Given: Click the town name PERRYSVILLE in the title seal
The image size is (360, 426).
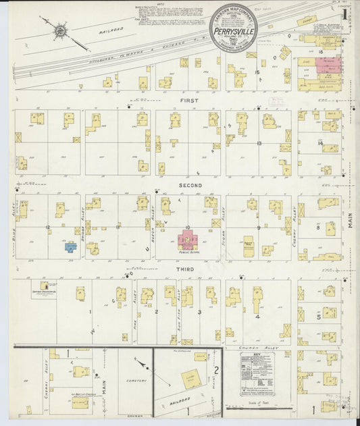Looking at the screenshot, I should [234, 30].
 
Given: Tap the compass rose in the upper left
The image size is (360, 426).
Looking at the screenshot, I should [60, 30].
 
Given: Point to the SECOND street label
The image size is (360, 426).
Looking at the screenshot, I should [190, 185].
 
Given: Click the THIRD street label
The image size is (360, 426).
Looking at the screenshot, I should [185, 269].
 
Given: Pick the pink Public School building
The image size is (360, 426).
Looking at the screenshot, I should [187, 240].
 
